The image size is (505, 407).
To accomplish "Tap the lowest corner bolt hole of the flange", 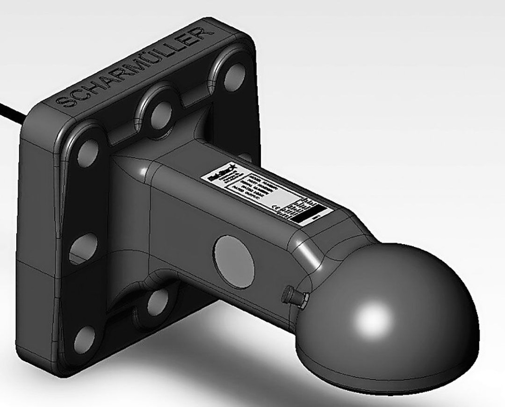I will tap(84, 339).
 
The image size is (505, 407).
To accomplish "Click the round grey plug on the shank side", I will tap(235, 261).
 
